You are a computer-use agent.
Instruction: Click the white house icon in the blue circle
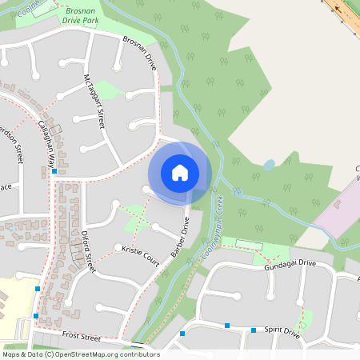tap(180, 173)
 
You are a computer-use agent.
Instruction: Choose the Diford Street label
tap(88, 253)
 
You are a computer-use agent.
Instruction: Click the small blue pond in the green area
tap(269, 165)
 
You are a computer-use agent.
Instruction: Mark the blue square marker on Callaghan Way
tap(54, 171)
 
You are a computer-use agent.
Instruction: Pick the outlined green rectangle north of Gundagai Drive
tap(249, 243)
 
